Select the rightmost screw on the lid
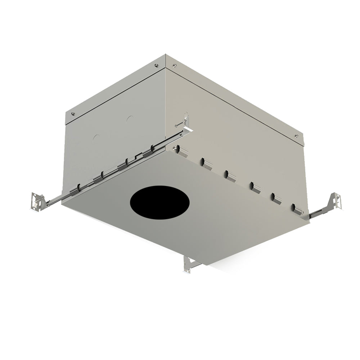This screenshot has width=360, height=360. [296, 136]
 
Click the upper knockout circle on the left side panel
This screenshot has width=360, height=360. [130, 118]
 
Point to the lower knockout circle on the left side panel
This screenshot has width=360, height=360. [96, 138]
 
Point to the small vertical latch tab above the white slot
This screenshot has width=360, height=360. [186, 117]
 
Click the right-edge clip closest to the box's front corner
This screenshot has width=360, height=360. [183, 151]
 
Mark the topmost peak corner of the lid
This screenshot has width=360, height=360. [165, 55]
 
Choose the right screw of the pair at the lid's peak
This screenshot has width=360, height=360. [175, 66]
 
